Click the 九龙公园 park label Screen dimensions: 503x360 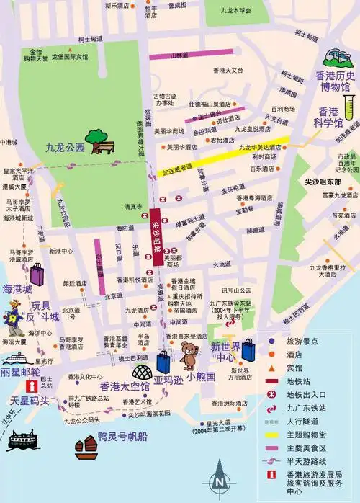pos(65,148)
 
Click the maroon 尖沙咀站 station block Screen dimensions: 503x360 pos(156,235)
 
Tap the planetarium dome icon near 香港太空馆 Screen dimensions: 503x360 pos(140,373)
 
